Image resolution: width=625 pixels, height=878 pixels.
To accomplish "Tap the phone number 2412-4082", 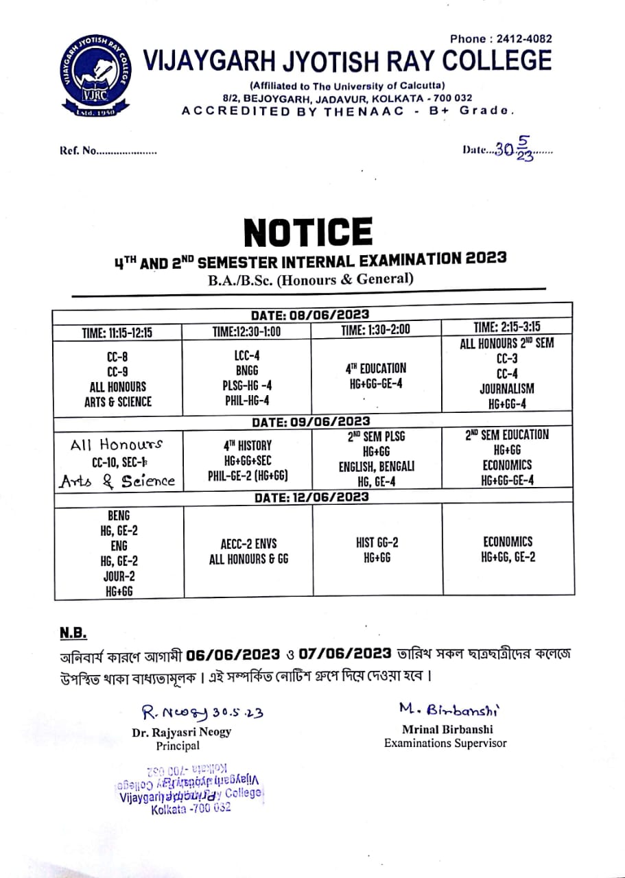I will coord(525,39).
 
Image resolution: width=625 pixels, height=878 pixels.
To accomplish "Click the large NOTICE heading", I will coord(309,232).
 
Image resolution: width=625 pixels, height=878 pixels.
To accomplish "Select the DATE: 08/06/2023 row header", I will coord(311,315).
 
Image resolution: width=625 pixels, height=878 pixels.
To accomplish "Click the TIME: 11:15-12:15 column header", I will coord(117,333).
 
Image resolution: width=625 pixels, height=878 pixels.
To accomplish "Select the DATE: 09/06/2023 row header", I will coord(311,421).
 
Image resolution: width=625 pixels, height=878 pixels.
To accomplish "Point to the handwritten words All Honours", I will coord(117,444).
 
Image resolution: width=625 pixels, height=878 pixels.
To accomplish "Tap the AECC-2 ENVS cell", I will coord(248,550).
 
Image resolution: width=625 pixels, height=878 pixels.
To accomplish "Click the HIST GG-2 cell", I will coord(377,550).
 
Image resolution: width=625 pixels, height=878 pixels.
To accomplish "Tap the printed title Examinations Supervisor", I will coord(445,743).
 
